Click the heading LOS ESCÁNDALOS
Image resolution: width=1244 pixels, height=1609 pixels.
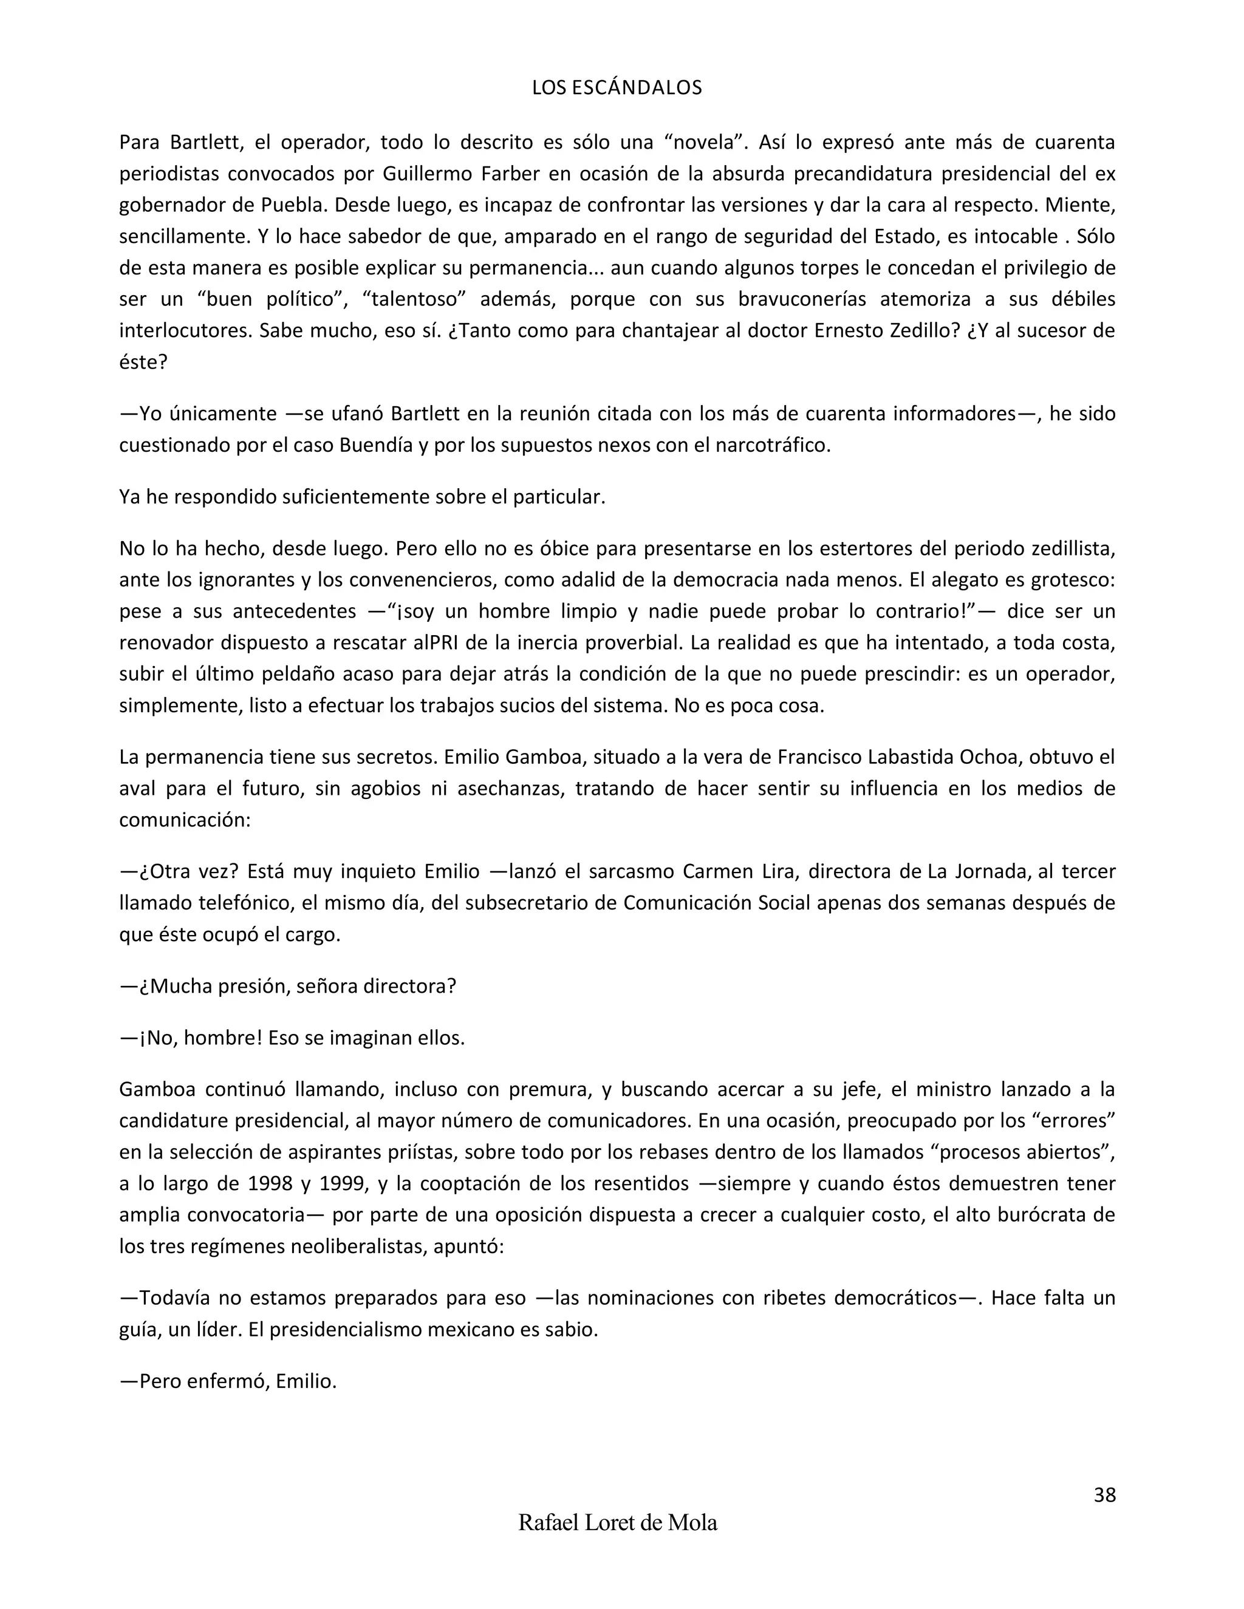coord(617,89)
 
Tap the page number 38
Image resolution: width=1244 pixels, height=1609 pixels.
coord(1104,1495)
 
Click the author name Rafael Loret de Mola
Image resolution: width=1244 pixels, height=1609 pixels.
coord(618,1522)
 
